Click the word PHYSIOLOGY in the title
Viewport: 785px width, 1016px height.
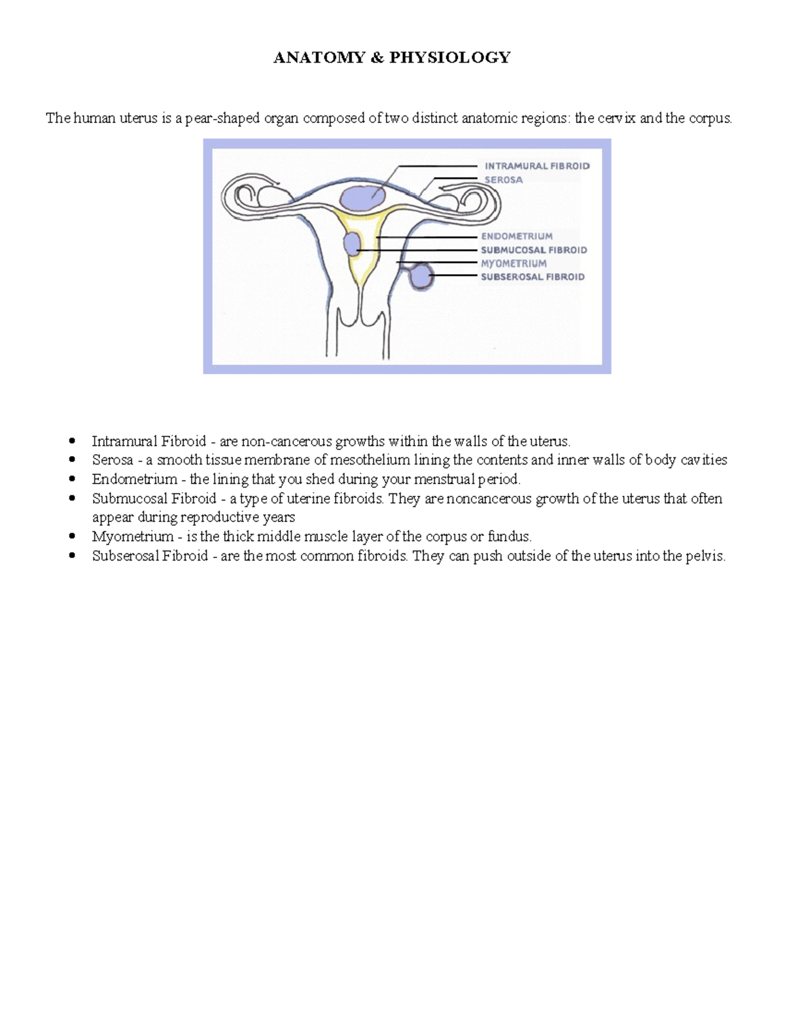[449, 58]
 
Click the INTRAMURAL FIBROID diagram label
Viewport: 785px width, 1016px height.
[537, 166]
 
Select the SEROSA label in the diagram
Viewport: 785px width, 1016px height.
[503, 180]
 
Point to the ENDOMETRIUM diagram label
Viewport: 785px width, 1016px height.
[517, 236]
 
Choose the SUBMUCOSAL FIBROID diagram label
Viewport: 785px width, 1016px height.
[534, 250]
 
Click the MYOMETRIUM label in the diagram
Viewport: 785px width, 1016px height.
[514, 264]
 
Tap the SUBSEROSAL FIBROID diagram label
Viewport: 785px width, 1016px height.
[532, 277]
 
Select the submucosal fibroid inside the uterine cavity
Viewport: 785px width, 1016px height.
[352, 245]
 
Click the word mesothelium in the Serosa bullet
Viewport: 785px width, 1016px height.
[370, 460]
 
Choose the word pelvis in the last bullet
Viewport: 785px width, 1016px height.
[706, 557]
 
